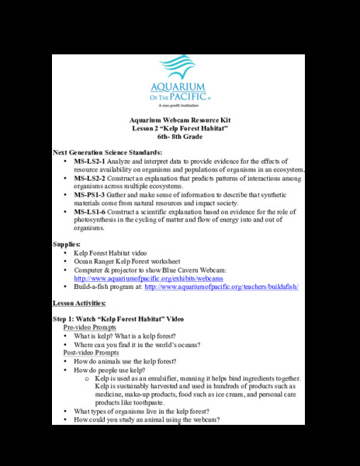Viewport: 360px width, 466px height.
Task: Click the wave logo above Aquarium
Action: click(181, 64)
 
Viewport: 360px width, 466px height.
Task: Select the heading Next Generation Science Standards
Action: click(107, 152)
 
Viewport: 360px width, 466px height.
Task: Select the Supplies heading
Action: click(67, 245)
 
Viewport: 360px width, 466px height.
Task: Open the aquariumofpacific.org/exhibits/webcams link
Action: click(148, 278)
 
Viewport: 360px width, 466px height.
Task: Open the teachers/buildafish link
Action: click(221, 287)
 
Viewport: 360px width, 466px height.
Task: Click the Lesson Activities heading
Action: click(79, 303)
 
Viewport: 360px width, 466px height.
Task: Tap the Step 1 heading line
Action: click(118, 319)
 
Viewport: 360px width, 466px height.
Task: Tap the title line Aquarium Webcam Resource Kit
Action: click(180, 120)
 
